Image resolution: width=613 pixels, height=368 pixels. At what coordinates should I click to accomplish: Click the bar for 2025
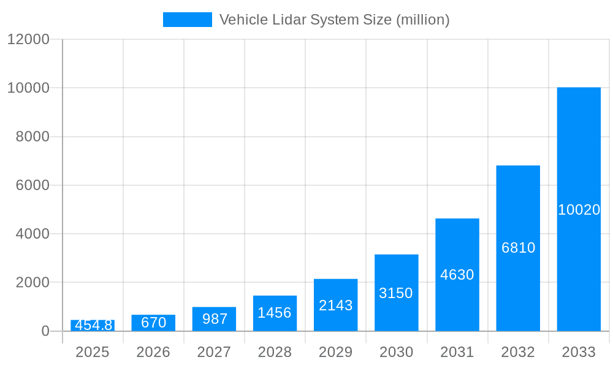(x=93, y=326)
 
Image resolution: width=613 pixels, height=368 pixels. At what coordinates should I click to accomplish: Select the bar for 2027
(x=214, y=319)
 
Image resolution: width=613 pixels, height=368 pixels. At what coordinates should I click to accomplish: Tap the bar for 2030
(x=396, y=293)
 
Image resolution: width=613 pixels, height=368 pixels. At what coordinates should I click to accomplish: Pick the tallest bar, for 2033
(x=579, y=209)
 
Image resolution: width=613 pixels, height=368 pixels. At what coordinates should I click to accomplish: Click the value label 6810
(x=518, y=248)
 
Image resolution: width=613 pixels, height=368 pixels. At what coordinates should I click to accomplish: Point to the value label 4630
(x=457, y=275)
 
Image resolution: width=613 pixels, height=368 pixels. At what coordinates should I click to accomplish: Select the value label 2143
(x=335, y=305)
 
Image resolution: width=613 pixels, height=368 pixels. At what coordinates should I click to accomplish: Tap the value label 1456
(x=275, y=313)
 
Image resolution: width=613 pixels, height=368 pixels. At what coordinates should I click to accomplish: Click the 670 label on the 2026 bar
(x=153, y=323)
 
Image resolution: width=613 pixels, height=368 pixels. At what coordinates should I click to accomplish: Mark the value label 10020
(x=579, y=210)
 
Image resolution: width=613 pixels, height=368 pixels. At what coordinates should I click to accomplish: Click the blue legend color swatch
(x=187, y=20)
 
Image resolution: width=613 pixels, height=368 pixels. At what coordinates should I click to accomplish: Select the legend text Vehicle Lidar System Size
(x=334, y=20)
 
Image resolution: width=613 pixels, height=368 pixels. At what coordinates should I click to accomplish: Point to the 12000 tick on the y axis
(x=28, y=39)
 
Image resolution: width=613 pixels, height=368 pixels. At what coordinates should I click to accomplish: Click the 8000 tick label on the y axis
(x=32, y=137)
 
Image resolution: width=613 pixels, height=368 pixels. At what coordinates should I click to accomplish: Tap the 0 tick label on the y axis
(x=45, y=331)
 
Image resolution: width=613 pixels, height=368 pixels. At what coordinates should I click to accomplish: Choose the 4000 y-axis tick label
(x=32, y=234)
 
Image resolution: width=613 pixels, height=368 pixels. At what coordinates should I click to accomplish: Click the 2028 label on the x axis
(x=275, y=352)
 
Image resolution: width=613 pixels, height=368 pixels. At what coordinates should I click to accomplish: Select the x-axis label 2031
(x=457, y=352)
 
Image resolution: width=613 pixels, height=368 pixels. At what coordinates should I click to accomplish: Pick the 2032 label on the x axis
(x=518, y=352)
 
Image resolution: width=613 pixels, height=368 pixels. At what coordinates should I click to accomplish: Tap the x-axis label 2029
(x=335, y=352)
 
